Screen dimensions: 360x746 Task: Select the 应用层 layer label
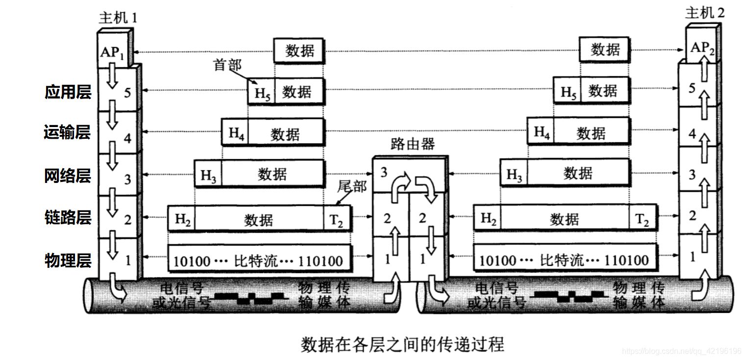68,92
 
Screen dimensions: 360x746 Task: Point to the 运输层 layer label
68,132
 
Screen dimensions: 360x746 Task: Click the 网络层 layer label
68,175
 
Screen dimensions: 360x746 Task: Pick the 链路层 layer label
68,217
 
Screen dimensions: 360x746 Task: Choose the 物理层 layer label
68,259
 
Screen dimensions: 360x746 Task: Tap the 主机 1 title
118,18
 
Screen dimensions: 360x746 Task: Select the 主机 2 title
704,13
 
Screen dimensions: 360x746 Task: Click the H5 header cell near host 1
262,92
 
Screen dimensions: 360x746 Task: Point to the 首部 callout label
227,65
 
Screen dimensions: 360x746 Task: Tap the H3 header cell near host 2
514,175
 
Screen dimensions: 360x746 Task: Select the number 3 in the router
384,172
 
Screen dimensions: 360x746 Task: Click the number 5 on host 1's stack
127,92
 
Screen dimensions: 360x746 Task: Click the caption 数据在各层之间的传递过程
402,344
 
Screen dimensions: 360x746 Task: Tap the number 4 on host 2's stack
692,133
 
